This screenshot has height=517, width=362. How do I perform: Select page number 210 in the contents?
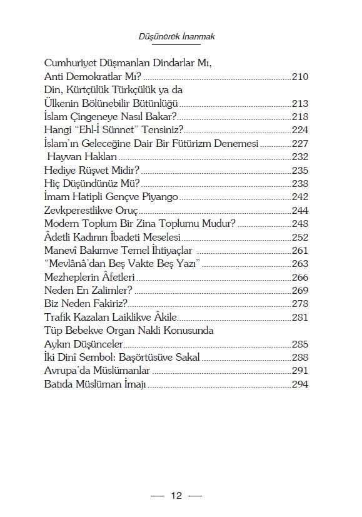click(300, 78)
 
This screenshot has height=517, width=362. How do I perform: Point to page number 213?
click(300, 104)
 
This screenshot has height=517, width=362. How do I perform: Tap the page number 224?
click(300, 130)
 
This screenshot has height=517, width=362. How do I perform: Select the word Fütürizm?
click(203, 143)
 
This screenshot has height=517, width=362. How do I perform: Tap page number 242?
click(300, 196)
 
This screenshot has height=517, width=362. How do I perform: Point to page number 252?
click(300, 237)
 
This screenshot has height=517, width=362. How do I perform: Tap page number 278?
click(300, 304)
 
